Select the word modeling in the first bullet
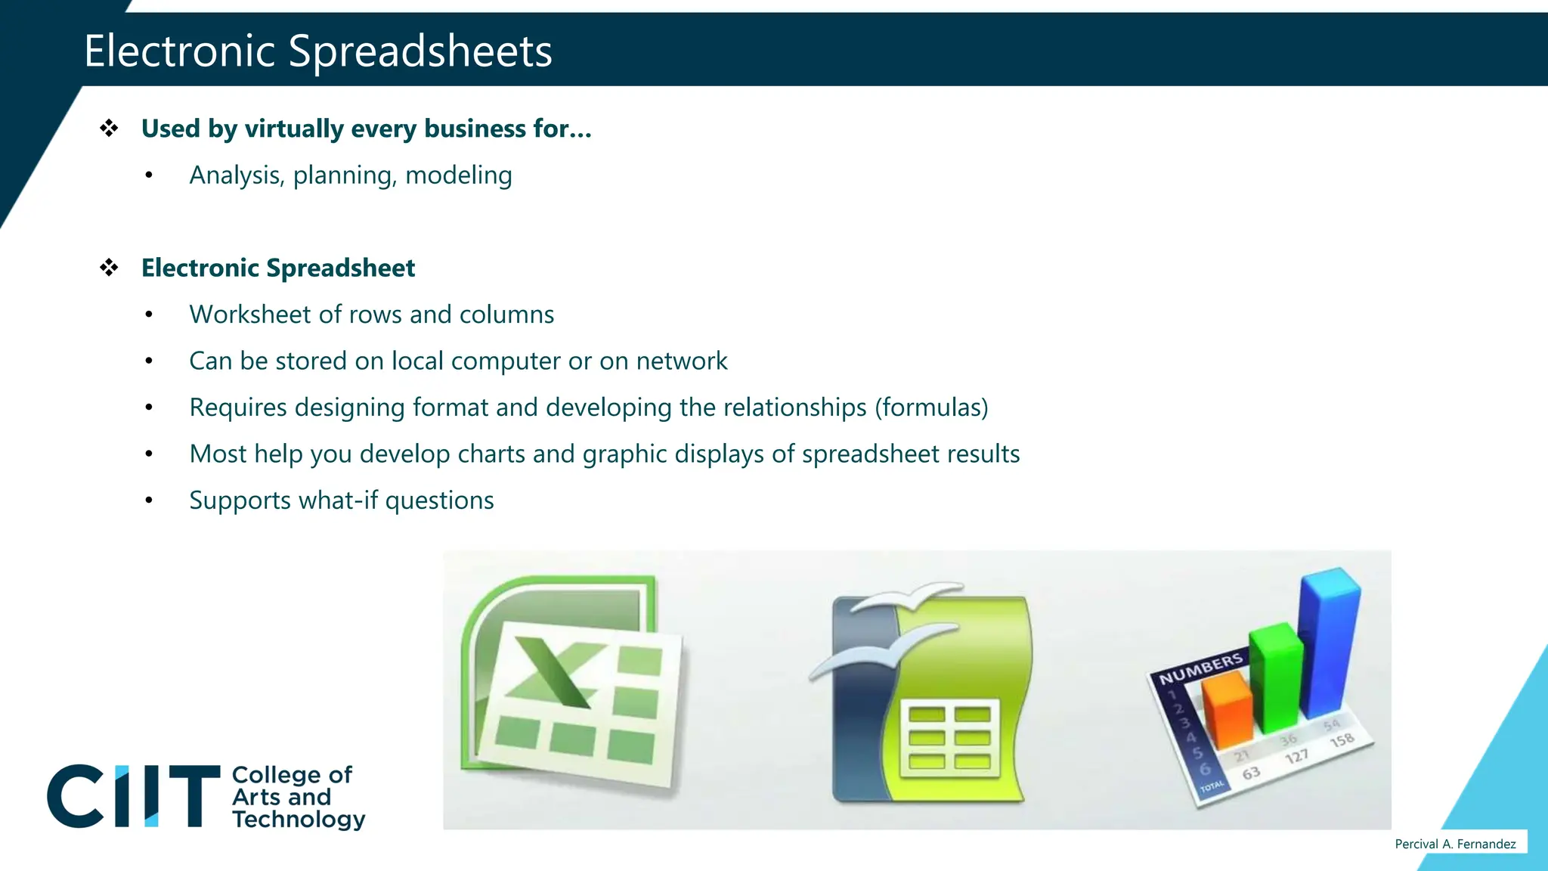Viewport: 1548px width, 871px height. point(458,175)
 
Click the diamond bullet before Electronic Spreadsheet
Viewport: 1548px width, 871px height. point(109,268)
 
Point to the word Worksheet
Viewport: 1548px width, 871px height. point(249,315)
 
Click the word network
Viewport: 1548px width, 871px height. point(681,361)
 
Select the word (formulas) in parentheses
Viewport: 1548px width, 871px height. point(931,408)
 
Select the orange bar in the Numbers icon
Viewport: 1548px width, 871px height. point(1226,707)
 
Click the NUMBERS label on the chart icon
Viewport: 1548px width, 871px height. point(1200,668)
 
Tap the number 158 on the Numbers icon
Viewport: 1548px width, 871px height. point(1342,740)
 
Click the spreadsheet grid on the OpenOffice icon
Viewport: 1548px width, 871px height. point(949,737)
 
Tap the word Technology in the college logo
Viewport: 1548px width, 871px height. point(299,819)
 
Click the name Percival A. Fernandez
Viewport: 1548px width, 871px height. point(1455,844)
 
